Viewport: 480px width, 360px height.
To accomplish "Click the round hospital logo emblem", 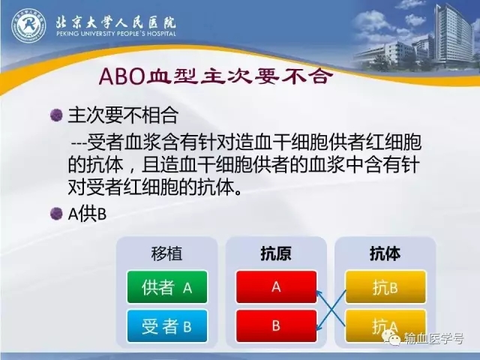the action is coord(28,25).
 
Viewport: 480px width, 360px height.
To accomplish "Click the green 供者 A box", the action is coord(167,286).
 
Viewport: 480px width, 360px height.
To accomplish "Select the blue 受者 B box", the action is coord(167,325).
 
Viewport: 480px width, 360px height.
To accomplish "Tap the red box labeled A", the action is coord(276,286).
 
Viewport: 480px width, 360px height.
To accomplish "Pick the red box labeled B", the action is coord(276,325).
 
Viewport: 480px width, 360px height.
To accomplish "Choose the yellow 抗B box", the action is coord(385,286).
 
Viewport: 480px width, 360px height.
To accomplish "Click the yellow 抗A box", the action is coord(385,325).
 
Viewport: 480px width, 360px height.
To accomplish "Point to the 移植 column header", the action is coord(166,253).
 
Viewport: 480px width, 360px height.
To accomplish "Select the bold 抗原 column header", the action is coord(276,253).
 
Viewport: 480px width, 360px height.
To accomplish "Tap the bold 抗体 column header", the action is coord(385,253).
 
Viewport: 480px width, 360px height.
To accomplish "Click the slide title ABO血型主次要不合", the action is coord(216,76).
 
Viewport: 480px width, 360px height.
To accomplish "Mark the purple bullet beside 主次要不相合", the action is coord(56,115).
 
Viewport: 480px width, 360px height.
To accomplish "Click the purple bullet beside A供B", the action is coord(56,214).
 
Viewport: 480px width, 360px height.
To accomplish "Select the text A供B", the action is coord(87,214).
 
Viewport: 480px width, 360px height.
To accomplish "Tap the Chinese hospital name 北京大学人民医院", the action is coord(115,22).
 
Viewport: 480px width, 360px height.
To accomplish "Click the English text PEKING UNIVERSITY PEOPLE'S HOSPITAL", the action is coord(116,34).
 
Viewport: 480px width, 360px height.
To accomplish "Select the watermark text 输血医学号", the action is coord(433,338).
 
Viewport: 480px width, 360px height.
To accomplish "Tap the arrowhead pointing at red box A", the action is coord(319,293).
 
